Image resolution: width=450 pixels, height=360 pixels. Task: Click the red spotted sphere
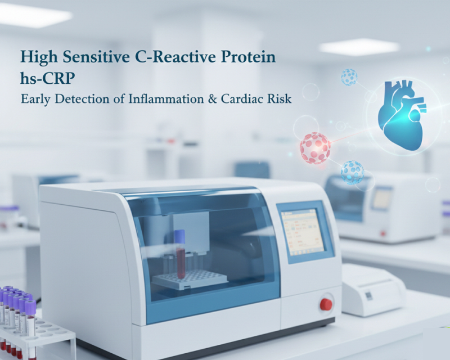[315, 147]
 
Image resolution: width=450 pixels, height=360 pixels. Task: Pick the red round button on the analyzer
[326, 304]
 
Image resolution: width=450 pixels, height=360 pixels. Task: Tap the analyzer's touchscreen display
[302, 230]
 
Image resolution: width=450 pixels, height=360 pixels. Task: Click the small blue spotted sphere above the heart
[349, 77]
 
